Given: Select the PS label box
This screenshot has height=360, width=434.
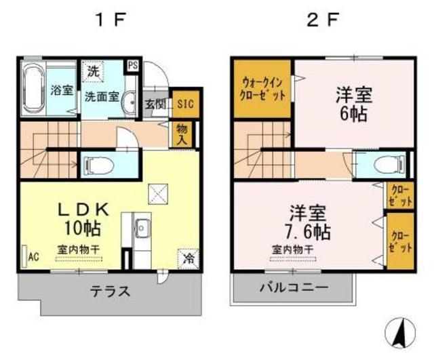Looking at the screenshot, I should [133, 66].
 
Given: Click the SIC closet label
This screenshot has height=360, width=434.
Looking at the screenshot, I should [184, 104].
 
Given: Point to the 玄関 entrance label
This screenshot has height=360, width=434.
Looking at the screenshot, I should [155, 104].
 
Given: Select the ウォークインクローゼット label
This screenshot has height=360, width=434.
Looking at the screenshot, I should [263, 88].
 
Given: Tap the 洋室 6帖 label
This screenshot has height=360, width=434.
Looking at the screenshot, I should [353, 104].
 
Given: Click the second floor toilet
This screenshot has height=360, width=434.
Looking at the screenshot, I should [387, 165].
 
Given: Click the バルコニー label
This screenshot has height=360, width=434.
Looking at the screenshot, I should [294, 287].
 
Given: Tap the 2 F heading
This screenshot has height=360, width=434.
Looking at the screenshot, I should [322, 19].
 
